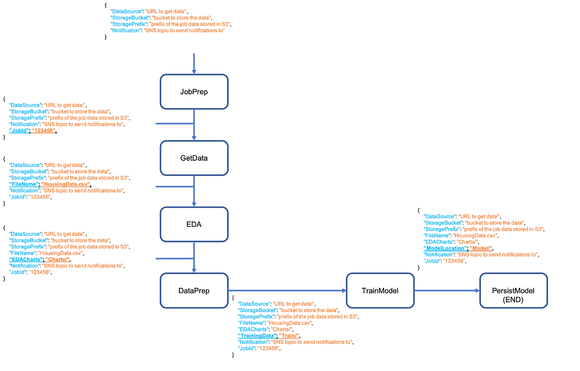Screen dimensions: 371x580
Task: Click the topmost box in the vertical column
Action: click(x=194, y=92)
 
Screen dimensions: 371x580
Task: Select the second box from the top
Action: click(x=194, y=158)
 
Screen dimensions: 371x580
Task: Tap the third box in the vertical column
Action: click(x=194, y=224)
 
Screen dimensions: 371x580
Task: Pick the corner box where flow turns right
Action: click(x=194, y=290)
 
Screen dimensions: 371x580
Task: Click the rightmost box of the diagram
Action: click(x=513, y=290)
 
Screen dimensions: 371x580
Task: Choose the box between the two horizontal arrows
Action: click(x=380, y=290)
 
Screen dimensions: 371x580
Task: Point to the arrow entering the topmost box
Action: click(x=194, y=62)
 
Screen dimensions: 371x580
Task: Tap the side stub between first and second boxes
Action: click(x=172, y=123)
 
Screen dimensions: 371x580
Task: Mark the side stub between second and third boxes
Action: click(x=172, y=187)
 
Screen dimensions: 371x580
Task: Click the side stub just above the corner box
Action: click(x=172, y=259)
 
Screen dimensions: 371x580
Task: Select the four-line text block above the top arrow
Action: click(x=170, y=21)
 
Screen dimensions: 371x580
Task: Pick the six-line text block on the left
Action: click(x=68, y=181)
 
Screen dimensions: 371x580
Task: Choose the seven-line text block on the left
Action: click(x=68, y=253)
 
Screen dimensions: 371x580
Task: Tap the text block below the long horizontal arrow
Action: click(x=297, y=326)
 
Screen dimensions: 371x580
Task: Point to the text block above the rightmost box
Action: click(x=483, y=238)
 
